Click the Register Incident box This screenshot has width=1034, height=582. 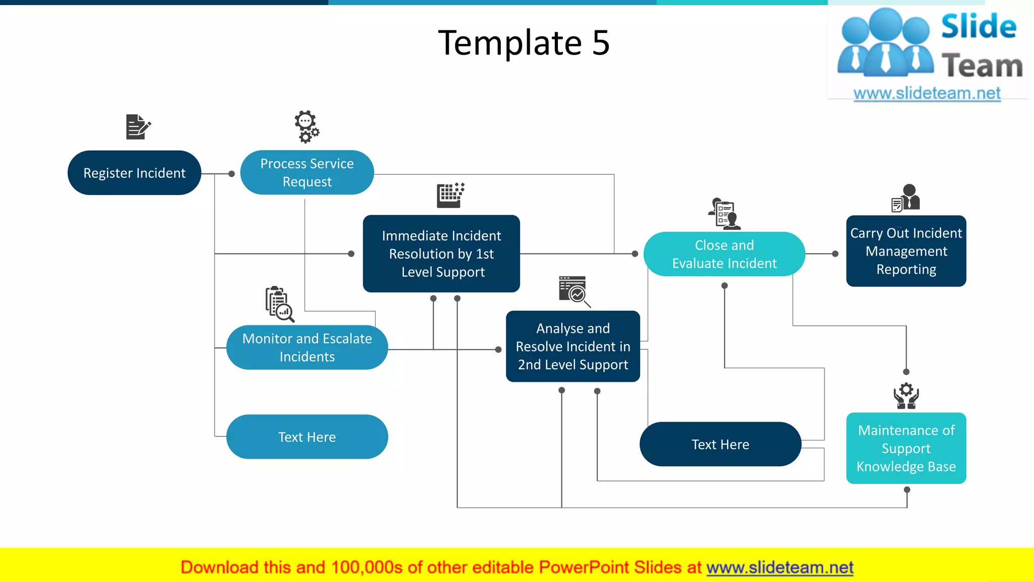pyautogui.click(x=134, y=173)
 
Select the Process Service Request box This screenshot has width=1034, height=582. pyautogui.click(x=307, y=172)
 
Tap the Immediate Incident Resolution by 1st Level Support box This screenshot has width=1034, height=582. pyautogui.click(x=441, y=254)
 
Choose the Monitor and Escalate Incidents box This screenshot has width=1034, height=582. pyautogui.click(x=307, y=348)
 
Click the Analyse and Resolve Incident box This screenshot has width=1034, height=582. pyautogui.click(x=573, y=347)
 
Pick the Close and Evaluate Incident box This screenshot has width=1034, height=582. pyautogui.click(x=724, y=254)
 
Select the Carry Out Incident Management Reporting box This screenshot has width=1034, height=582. pyautogui.click(x=906, y=251)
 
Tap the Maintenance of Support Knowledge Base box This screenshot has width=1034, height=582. pyautogui.click(x=906, y=448)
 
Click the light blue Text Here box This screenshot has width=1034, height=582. pyautogui.click(x=307, y=437)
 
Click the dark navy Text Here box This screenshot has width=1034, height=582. pyautogui.click(x=720, y=445)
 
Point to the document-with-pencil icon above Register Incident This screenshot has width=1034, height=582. pyautogui.click(x=138, y=127)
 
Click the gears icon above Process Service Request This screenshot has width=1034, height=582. pyautogui.click(x=306, y=127)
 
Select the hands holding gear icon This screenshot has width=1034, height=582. pyautogui.click(x=906, y=396)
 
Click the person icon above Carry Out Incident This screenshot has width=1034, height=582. pyautogui.click(x=906, y=198)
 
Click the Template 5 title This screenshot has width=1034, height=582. pyautogui.click(x=524, y=43)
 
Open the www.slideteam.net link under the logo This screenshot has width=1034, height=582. pyautogui.click(x=927, y=93)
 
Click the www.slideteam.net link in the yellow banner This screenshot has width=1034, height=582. pyautogui.click(x=780, y=568)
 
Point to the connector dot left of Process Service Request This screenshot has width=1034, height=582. pyautogui.click(x=232, y=174)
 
